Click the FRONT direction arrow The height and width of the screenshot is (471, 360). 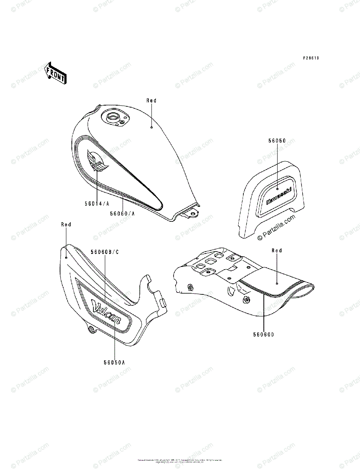point(55,73)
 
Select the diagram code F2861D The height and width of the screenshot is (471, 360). point(311,58)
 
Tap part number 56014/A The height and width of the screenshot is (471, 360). point(97,204)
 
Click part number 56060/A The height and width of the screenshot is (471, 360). point(122,213)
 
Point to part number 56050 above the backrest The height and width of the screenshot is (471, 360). point(277,140)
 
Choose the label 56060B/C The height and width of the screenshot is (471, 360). point(104,252)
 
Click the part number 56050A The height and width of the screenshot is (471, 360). point(114,362)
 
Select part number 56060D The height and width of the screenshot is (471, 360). point(263,335)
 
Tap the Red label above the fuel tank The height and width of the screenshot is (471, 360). point(152,100)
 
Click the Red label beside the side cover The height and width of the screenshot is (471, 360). point(66,225)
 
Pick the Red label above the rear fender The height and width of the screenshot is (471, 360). point(277,250)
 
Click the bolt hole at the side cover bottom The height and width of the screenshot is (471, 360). point(91,329)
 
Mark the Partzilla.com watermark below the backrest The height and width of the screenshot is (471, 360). point(276,228)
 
